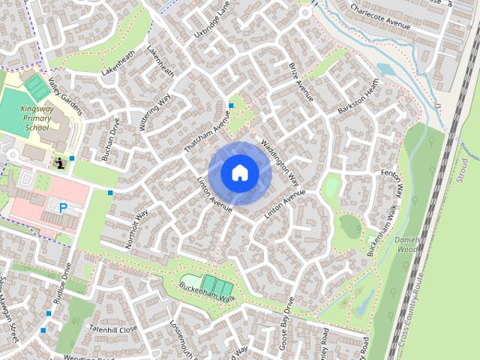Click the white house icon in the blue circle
coord(240,173)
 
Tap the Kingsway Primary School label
coord(36,118)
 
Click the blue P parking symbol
coord(63,208)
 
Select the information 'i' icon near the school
coord(59,161)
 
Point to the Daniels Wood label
coord(407,243)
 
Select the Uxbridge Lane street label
coord(211,21)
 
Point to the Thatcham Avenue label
coord(205,132)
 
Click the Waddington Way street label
coord(280,161)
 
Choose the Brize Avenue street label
coord(301,82)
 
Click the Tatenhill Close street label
coord(113,329)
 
